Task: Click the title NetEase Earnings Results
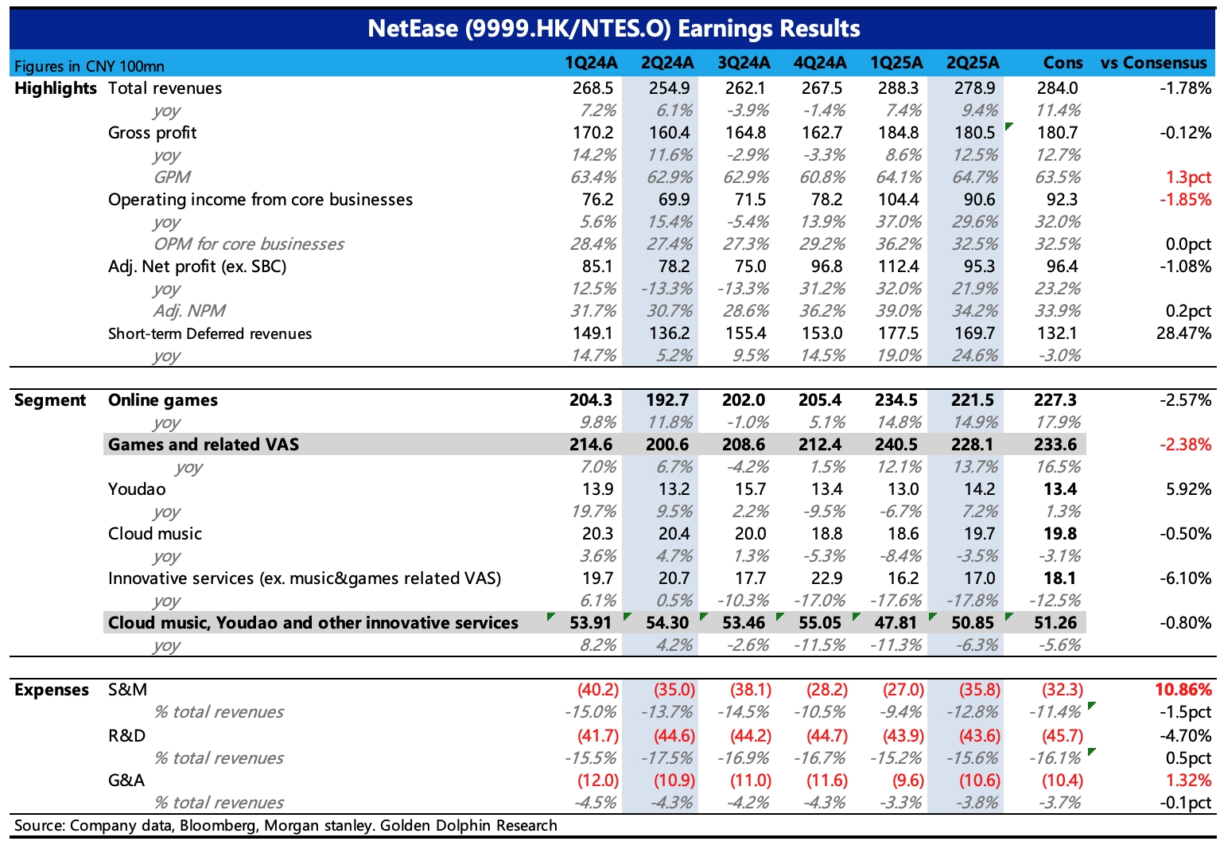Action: click(613, 29)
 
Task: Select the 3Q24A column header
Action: click(744, 63)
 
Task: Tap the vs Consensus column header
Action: click(1153, 63)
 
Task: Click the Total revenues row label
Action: click(165, 88)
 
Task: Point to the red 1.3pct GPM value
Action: click(1188, 177)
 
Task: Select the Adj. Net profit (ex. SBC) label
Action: click(197, 267)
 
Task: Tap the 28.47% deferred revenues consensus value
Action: click(1184, 333)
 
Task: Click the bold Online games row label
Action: click(163, 400)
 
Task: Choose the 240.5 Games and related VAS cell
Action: click(896, 445)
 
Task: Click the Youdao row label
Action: click(137, 489)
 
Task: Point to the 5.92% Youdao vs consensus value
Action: click(1188, 489)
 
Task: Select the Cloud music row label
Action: click(154, 534)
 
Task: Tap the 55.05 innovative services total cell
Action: click(820, 623)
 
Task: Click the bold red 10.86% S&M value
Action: click(1183, 690)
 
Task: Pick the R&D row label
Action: click(127, 736)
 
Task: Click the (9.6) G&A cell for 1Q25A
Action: click(908, 781)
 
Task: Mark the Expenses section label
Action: click(51, 691)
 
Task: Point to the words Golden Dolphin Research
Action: click(468, 826)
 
